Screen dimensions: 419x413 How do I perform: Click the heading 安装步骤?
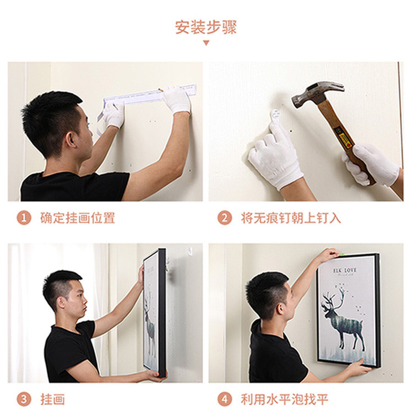coord(206,27)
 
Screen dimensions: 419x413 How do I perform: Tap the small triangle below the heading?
coord(206,43)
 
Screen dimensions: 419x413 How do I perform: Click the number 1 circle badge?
coord(24,218)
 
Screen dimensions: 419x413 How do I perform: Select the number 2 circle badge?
coord(224,218)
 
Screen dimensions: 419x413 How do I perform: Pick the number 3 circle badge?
coord(24,399)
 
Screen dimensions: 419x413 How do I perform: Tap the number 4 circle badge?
coord(224,399)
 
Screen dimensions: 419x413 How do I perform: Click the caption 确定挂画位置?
coord(78,218)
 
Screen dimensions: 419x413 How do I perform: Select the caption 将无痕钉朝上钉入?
coord(291,218)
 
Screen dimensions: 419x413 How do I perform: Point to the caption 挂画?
coord(52,399)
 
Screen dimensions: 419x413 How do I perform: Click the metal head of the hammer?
coord(316,94)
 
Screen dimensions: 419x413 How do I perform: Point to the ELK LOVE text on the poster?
coord(345,270)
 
